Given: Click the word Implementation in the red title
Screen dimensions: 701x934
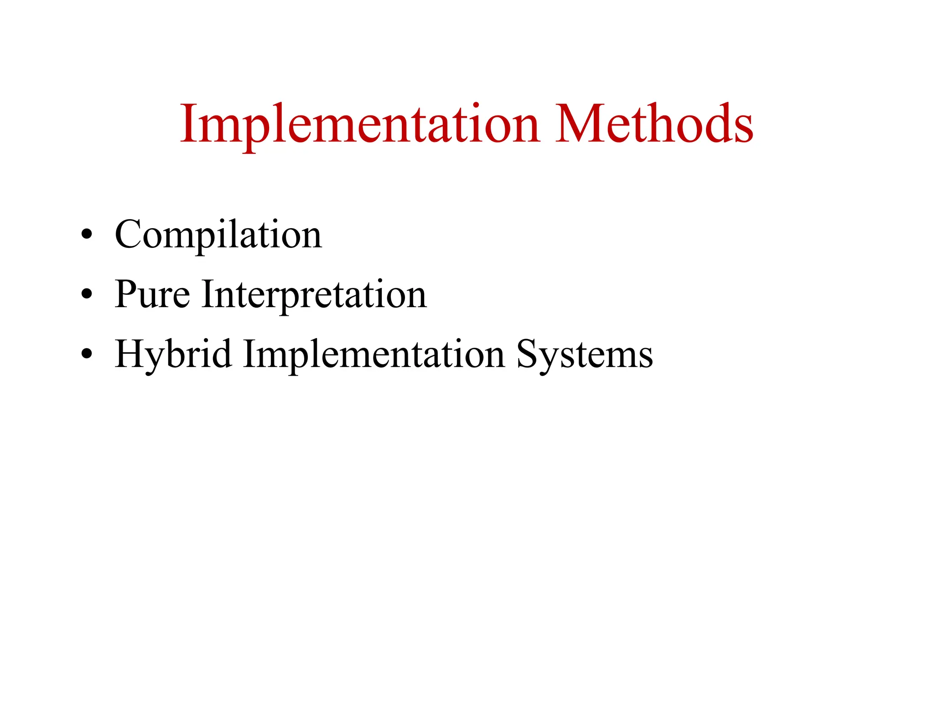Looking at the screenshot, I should tap(360, 124).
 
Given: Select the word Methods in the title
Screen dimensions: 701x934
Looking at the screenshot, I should tap(654, 124).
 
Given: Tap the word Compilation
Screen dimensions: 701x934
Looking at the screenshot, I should tap(218, 235).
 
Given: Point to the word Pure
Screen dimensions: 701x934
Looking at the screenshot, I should tap(152, 295).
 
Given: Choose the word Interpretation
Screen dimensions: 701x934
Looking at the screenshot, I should tap(314, 295).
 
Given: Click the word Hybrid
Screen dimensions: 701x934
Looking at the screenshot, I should tap(173, 355).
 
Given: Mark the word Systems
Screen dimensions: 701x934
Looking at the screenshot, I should tap(585, 355).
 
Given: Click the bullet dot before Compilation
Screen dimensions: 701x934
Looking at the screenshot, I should tap(87, 235).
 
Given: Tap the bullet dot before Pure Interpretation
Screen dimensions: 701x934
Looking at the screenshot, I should tap(87, 295).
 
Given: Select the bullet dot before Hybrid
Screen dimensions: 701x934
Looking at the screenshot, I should tap(87, 355).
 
